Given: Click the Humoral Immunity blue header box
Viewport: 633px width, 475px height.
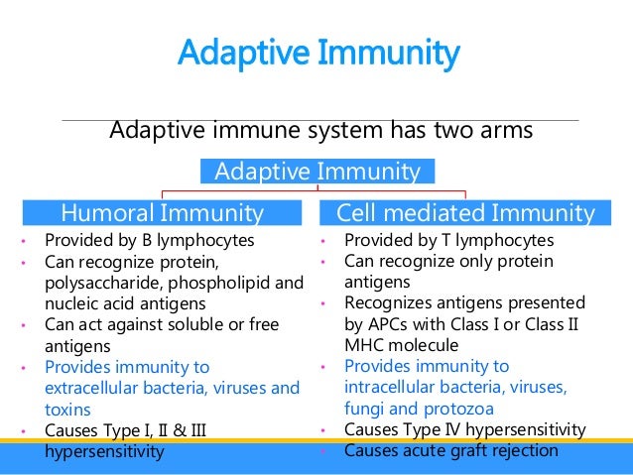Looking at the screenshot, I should pyautogui.click(x=162, y=212).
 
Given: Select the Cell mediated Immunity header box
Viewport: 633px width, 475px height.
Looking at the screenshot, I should pyautogui.click(x=465, y=212).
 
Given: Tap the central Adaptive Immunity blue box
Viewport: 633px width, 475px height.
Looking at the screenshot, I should pyautogui.click(x=316, y=172).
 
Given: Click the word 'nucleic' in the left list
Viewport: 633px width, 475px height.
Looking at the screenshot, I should pyautogui.click(x=72, y=303).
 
